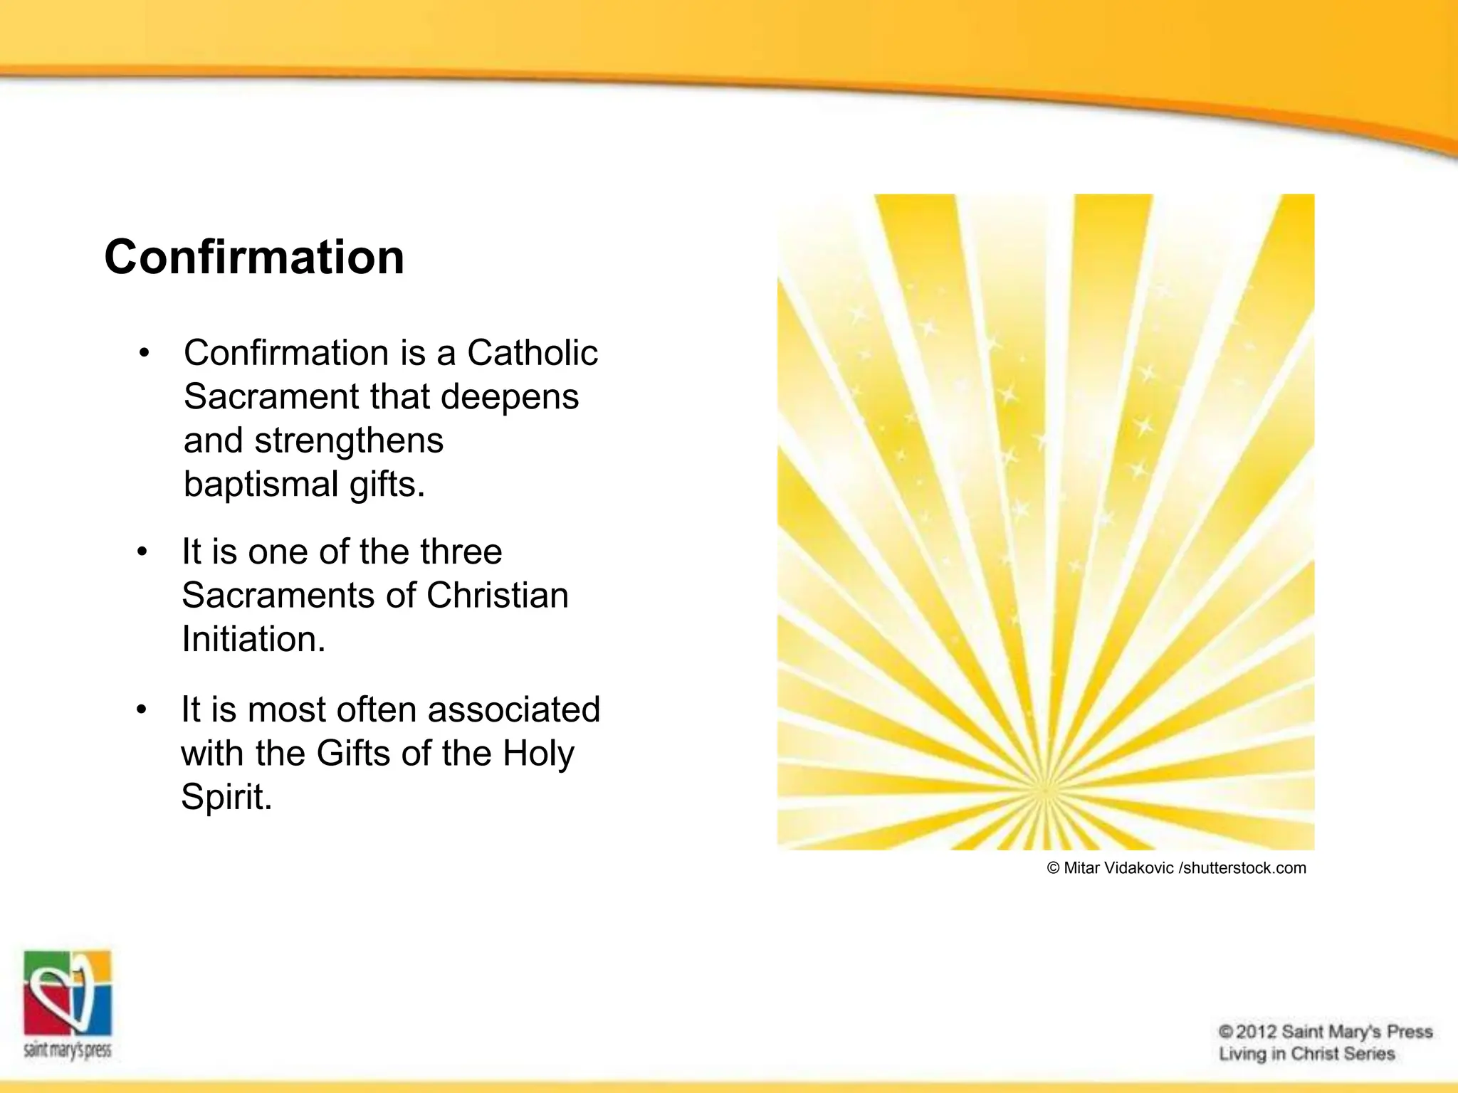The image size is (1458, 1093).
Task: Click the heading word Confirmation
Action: tap(254, 257)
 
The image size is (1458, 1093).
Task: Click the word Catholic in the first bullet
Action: tap(532, 353)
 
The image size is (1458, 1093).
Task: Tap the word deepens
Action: tap(510, 396)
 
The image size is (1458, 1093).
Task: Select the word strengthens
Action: tap(349, 440)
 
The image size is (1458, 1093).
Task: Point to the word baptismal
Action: tap(261, 485)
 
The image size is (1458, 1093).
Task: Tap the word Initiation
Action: tap(253, 639)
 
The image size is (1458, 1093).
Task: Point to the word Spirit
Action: tap(226, 797)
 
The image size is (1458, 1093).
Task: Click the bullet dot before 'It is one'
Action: tap(142, 552)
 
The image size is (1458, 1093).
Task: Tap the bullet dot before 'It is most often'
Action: tap(142, 710)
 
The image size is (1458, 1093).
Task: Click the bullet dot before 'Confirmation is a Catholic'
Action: tap(145, 354)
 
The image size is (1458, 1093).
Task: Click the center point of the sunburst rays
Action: tap(1045, 790)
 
